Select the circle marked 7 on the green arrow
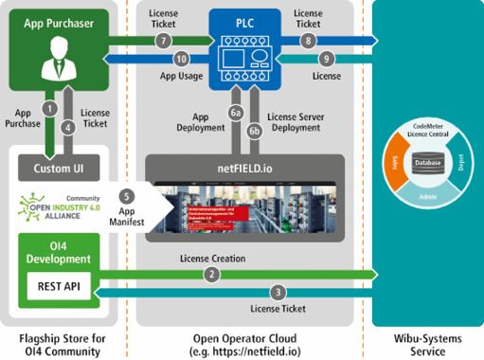pos(163,41)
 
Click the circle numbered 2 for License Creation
pos(215,275)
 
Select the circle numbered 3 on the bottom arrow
pos(278,292)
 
